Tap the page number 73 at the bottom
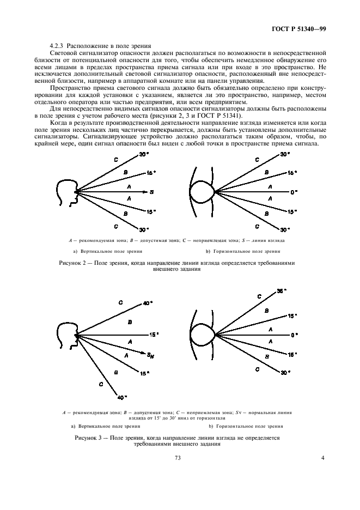(177, 458)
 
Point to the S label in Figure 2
(152, 192)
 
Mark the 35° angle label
(282, 291)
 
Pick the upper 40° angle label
(147, 303)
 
